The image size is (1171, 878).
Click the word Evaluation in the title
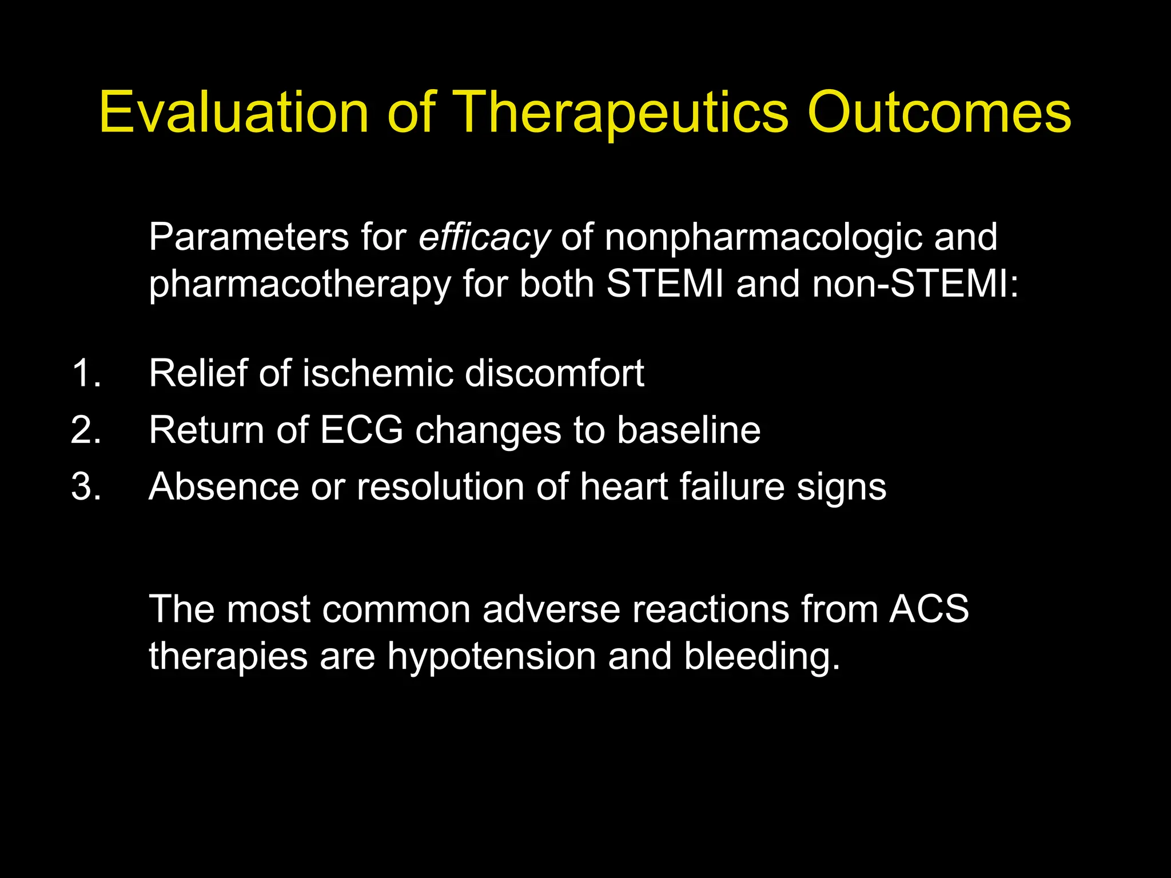click(234, 113)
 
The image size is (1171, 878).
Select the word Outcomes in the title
click(939, 113)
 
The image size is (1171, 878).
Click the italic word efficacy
click(484, 238)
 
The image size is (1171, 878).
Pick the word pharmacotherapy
click(300, 285)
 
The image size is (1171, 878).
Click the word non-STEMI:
click(915, 284)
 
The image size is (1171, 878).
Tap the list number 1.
click(86, 373)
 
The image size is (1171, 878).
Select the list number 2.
click(86, 430)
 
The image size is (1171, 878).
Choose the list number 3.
click(86, 487)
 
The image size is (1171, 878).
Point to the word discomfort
click(554, 373)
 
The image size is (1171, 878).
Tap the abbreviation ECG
click(361, 430)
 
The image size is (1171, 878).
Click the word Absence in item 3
click(224, 487)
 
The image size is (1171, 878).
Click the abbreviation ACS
click(929, 609)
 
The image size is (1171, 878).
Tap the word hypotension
click(491, 657)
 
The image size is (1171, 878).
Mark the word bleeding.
click(762, 657)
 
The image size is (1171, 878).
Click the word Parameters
click(249, 238)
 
